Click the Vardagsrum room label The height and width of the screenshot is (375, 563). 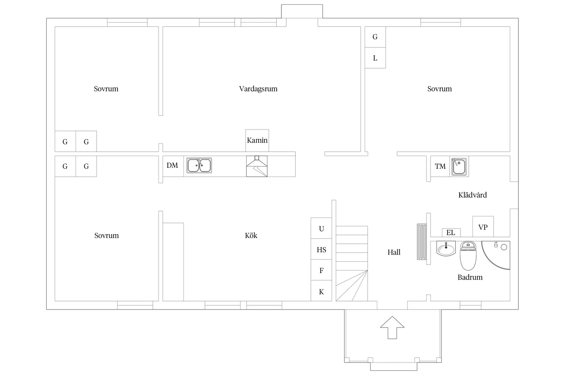[x=258, y=89]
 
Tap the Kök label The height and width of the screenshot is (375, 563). [x=251, y=235]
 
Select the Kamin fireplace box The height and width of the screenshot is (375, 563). [x=257, y=140]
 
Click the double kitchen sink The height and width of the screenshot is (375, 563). [x=199, y=166]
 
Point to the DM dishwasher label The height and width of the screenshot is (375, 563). [x=172, y=165]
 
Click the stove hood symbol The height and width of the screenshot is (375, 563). [x=257, y=166]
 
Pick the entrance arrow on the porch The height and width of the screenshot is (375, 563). [x=392, y=328]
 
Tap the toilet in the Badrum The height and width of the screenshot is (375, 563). [x=468, y=255]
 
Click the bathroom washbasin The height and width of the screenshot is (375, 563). [x=446, y=249]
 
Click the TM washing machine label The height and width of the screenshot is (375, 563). [x=440, y=166]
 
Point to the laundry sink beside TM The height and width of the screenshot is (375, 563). [x=459, y=166]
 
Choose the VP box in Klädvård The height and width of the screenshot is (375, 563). [x=483, y=227]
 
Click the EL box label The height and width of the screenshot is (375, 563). [x=451, y=232]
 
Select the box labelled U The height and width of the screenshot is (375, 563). [x=321, y=228]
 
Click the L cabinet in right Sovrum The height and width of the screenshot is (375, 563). [x=375, y=58]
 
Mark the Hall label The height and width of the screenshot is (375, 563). [x=394, y=252]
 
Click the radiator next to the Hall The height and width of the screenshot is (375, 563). [x=422, y=242]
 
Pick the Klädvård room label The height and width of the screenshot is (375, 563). [x=473, y=195]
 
